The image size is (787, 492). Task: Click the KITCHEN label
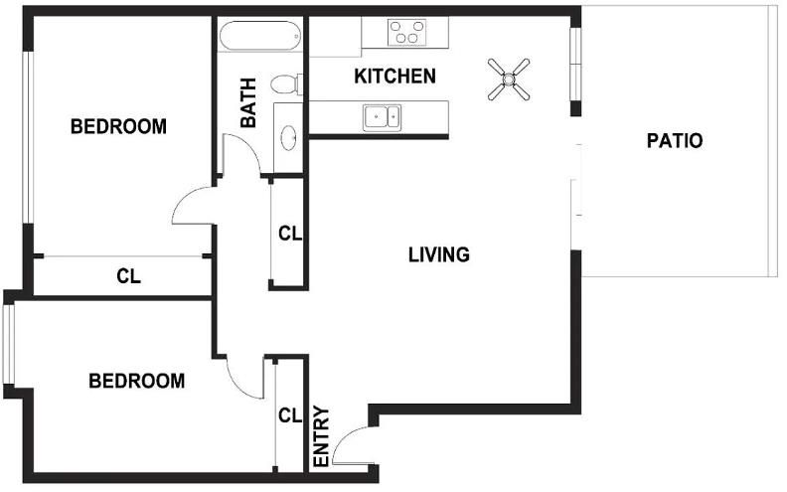(395, 77)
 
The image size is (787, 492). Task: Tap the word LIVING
(439, 254)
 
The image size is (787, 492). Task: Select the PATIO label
(675, 140)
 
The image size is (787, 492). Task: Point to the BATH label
(248, 102)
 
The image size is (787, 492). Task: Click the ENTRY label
(321, 436)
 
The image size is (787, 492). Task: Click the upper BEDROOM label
(119, 126)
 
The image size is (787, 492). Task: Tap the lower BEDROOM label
(137, 381)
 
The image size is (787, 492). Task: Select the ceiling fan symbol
(509, 79)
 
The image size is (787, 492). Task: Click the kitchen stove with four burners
(407, 32)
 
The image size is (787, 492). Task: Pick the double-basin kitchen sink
(382, 117)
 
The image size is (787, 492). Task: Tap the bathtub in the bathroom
(260, 36)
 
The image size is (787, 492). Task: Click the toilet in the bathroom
(287, 83)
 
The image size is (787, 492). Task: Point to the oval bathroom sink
(288, 137)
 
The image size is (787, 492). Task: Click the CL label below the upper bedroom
(129, 276)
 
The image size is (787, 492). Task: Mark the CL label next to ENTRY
(290, 415)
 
